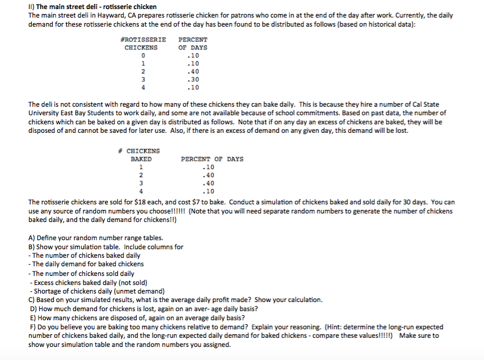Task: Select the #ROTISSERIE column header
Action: [x=144, y=40]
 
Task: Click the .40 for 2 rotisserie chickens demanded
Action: [x=193, y=72]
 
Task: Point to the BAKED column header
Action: [x=141, y=160]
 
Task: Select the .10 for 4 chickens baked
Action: [x=208, y=191]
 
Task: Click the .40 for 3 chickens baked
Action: [x=208, y=183]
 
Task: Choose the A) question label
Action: [x=32, y=238]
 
